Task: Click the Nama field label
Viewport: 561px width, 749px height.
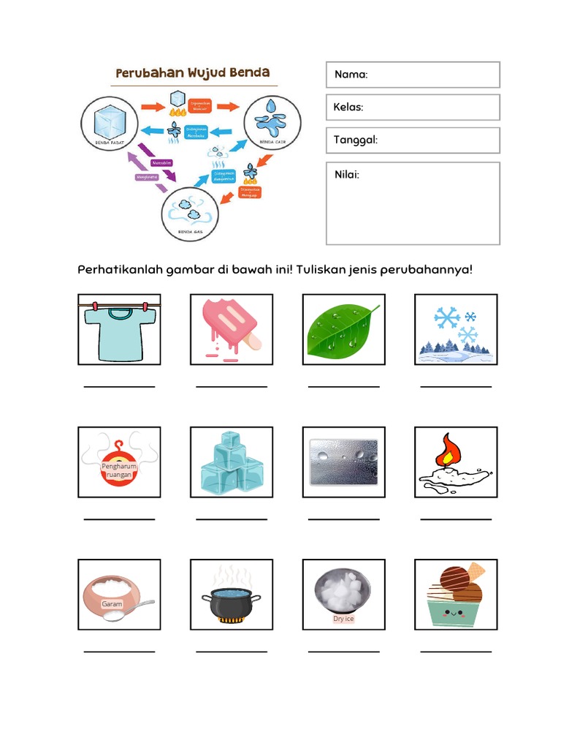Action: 351,75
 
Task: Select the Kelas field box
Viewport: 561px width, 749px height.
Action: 413,108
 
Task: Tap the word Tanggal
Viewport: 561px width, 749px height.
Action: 355,140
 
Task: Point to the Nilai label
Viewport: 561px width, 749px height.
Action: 346,174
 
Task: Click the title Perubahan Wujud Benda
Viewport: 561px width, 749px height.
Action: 193,73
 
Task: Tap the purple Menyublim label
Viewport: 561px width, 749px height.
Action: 161,162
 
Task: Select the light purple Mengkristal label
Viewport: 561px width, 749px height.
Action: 146,176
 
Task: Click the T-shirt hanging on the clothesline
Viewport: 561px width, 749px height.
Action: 119,333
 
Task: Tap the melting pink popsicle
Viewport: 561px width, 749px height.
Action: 229,325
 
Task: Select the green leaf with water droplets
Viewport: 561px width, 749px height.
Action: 342,331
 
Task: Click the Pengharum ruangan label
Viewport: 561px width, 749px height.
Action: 119,470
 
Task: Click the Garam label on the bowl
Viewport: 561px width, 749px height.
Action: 112,604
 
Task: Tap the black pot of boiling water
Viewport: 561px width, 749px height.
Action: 232,603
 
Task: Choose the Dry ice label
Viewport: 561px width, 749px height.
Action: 343,619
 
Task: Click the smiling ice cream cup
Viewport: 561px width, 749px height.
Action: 455,610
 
